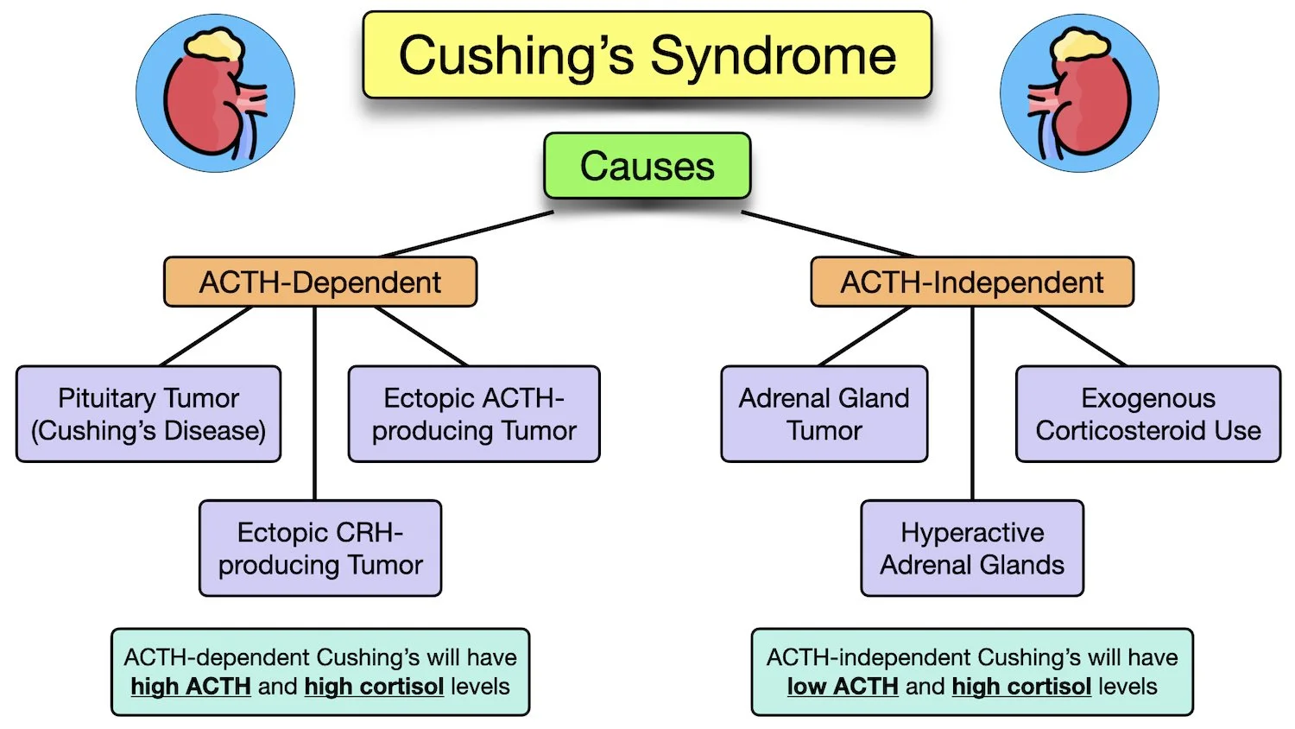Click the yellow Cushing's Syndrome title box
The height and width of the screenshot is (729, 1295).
[647, 55]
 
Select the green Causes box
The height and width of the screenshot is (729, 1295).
[647, 166]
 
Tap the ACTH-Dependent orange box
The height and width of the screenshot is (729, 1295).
[320, 282]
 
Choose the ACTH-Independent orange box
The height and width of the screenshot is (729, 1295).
[972, 282]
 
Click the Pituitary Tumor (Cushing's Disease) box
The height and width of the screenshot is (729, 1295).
[148, 415]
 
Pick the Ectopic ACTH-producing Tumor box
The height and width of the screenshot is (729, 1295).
[474, 415]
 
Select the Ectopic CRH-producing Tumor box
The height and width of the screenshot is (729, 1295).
[320, 548]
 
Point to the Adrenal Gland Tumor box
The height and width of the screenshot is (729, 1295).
[824, 415]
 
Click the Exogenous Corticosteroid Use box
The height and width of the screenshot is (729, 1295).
[1148, 415]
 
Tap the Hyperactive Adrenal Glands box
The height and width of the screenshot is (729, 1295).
[972, 548]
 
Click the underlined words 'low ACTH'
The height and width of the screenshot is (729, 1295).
[843, 687]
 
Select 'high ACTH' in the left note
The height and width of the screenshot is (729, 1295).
[191, 687]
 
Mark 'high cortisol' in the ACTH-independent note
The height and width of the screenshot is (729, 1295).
[1021, 687]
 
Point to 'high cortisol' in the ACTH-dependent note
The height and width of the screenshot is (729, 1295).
[375, 687]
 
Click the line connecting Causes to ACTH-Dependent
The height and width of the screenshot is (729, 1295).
[466, 234]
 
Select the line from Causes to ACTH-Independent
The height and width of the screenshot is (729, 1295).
[827, 234]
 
